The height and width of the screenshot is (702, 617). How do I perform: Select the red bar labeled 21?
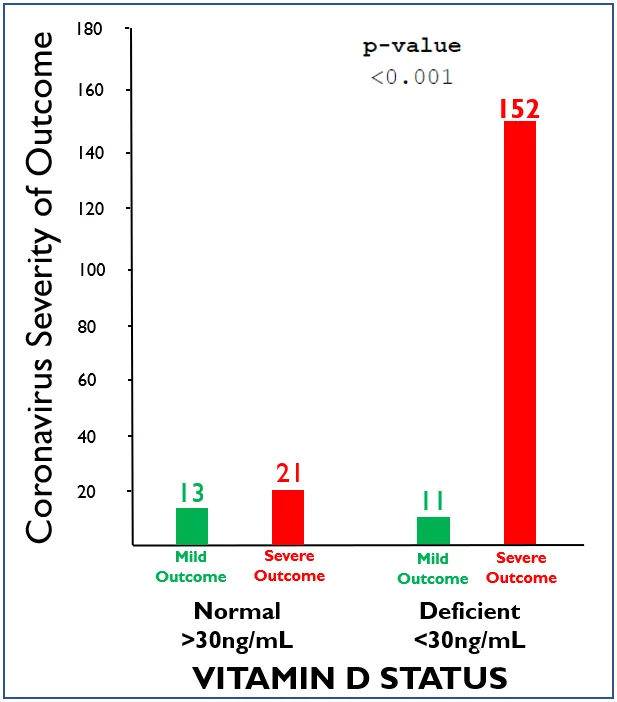coord(288,517)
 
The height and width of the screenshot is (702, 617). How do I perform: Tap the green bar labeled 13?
coord(192,526)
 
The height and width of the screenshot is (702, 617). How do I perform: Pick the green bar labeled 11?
coord(433,530)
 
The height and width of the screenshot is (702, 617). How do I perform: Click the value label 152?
coord(519,107)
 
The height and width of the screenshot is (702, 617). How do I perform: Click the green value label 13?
coord(192,493)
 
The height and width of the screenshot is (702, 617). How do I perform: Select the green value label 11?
coord(433,501)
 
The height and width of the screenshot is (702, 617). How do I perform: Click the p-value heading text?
coord(411,46)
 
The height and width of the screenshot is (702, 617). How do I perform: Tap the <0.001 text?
coord(411,76)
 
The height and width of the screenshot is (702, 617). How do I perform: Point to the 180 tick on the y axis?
coord(91,29)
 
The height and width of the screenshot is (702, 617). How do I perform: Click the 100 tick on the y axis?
coord(91,270)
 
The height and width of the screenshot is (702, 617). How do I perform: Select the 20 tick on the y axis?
coord(96,491)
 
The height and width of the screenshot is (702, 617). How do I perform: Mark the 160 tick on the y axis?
coord(91,90)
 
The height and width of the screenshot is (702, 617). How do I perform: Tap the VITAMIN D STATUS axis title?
coord(349,678)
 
